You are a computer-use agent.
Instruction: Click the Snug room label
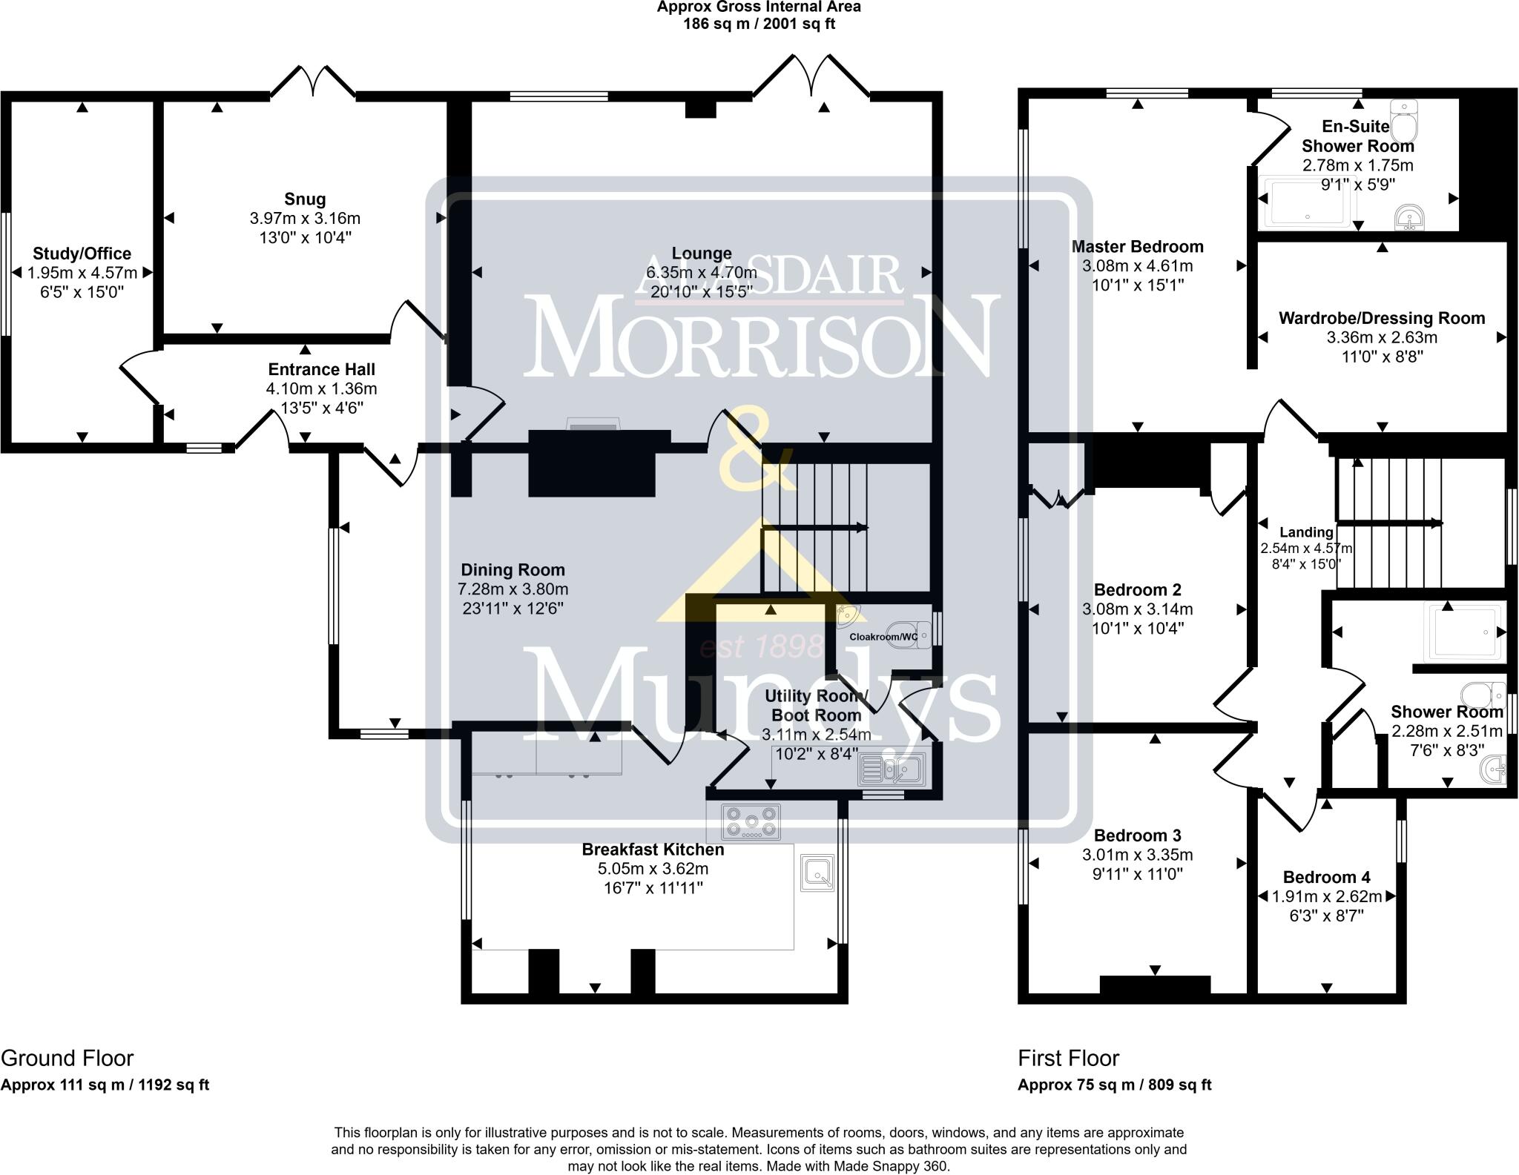[305, 199]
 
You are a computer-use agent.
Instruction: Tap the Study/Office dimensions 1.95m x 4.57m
[82, 273]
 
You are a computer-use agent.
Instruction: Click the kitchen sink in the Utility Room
[891, 769]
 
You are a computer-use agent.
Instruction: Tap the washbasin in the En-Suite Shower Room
[1408, 219]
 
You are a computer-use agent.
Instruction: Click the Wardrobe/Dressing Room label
[1381, 318]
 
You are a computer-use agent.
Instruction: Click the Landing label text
[1306, 532]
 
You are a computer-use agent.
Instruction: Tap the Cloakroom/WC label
[883, 636]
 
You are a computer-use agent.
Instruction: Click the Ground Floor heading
[67, 1058]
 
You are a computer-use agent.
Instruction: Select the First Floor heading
[1068, 1058]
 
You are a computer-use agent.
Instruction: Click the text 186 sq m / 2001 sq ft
[759, 24]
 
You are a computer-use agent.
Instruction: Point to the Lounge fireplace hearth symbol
[592, 423]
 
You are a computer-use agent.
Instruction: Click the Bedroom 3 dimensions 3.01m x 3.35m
[1137, 855]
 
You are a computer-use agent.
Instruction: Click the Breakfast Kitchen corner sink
[817, 872]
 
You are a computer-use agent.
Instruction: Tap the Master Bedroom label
[1137, 246]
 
